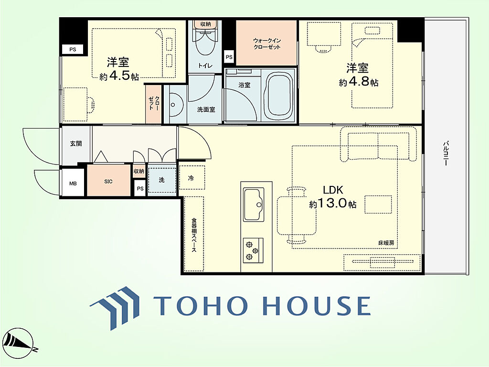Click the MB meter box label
(73, 183)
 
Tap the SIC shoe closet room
(108, 180)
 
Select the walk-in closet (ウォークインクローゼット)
(266, 43)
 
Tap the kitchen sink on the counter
(254, 205)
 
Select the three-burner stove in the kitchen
(253, 250)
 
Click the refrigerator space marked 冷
(192, 177)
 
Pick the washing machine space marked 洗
(162, 180)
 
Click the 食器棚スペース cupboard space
(194, 234)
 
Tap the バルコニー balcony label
(446, 153)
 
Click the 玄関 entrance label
(76, 143)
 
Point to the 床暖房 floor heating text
(386, 243)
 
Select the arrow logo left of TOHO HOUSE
(115, 308)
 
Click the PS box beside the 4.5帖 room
(73, 49)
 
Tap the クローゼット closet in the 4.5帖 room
(154, 104)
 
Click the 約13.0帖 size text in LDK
(333, 204)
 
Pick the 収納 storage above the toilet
(205, 24)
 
